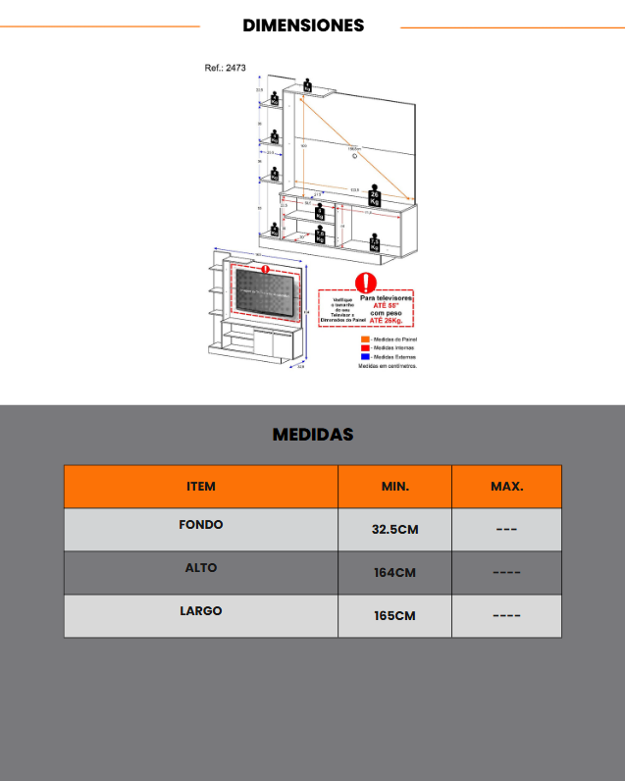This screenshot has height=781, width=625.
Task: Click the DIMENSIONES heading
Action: (303, 26)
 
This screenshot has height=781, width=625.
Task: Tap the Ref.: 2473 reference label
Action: (225, 69)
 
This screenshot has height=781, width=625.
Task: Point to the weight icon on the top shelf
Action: (307, 85)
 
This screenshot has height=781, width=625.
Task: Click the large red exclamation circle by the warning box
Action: (366, 284)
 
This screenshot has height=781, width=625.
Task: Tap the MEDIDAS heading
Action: (312, 434)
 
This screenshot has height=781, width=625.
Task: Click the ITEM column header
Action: (201, 486)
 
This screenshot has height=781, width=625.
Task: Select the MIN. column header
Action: (394, 486)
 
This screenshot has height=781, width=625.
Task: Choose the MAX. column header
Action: (506, 486)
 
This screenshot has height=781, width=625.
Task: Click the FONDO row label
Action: (201, 525)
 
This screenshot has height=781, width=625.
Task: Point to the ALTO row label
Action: (201, 568)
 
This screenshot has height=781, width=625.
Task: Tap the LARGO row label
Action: (201, 611)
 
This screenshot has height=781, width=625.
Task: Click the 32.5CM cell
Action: (394, 530)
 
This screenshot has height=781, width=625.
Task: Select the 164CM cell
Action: (394, 573)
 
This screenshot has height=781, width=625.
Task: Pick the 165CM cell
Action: (394, 616)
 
